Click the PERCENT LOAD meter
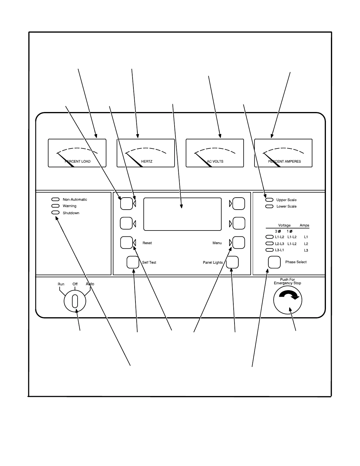coord(77,153)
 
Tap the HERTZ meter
coord(146,153)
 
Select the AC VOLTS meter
coord(215,153)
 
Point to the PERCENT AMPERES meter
coord(283,153)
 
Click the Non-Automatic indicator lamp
coord(56,200)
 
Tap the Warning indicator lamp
coord(56,206)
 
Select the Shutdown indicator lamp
coord(56,213)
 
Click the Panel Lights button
coord(232,262)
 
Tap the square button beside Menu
coord(239,243)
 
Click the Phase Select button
coord(274,262)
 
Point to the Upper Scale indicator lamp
coord(269,200)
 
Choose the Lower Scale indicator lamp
coord(269,206)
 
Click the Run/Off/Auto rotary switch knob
coord(75,301)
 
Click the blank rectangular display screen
coord(182,214)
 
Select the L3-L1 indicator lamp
coord(269,250)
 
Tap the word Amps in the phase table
coord(304,226)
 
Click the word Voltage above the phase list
coord(284,226)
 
